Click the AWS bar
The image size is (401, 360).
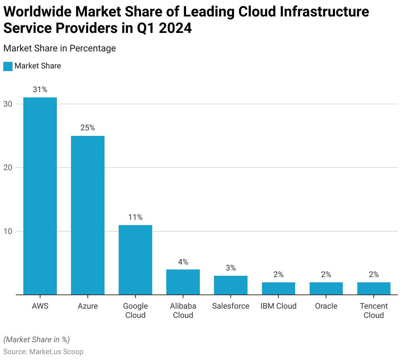(40, 196)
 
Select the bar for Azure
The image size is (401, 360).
(88, 215)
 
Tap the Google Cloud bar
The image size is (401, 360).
(135, 260)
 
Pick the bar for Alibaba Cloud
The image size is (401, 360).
(183, 282)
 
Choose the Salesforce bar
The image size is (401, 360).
(231, 285)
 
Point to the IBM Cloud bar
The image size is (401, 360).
(278, 288)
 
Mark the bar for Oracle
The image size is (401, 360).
(326, 288)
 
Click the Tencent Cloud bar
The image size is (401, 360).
(374, 288)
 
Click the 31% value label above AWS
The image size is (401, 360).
(40, 90)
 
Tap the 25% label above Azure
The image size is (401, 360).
(88, 128)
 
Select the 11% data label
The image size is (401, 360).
(135, 217)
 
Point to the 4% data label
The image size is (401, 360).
(183, 262)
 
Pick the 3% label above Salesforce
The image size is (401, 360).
(231, 268)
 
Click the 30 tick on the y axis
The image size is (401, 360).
(8, 104)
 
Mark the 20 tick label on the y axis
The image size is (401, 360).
(8, 167)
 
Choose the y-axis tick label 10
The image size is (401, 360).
(8, 231)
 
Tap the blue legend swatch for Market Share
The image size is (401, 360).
(8, 66)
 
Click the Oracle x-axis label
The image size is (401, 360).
(326, 306)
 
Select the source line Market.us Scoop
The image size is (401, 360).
(43, 351)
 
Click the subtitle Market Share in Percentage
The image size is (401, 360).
(59, 48)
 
